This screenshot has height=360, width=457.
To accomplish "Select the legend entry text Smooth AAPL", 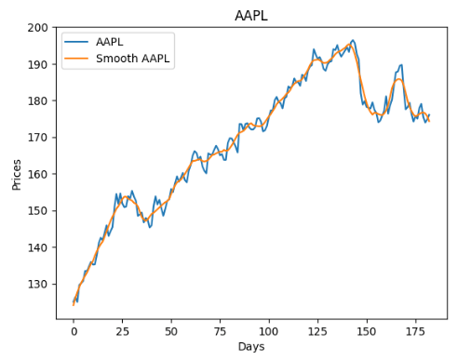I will (135, 60).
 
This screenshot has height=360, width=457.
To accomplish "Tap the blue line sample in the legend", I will (76, 43).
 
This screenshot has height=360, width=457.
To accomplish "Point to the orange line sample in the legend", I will (76, 60).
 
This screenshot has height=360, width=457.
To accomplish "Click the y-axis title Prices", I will (16, 173).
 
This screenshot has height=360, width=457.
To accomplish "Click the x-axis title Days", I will (251, 347).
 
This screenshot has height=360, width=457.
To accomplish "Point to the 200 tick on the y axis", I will (40, 28).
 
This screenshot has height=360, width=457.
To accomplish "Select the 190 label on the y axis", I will (40, 64).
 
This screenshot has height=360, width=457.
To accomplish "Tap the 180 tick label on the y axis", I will (40, 100).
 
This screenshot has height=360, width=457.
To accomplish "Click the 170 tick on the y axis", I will (40, 138).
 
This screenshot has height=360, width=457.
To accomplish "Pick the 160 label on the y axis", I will (40, 174).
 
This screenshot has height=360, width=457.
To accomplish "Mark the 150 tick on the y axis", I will (40, 210).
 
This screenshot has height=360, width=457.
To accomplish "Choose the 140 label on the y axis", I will (40, 247).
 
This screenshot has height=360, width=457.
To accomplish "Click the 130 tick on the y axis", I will (40, 284).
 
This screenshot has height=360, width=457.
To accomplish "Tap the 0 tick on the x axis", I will (74, 330).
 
